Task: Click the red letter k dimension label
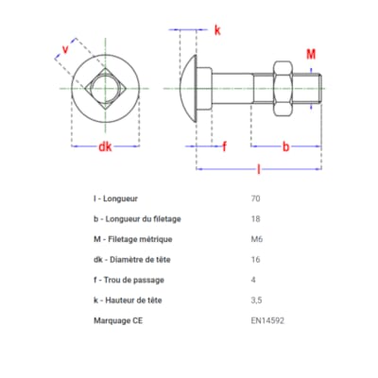216,30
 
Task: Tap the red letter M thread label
311,55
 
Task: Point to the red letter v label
65,48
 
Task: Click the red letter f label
224,146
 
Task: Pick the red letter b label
285,146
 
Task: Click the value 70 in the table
255,199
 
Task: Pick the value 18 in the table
255,219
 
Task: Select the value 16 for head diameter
255,260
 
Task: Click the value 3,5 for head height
257,300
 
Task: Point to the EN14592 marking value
267,319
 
